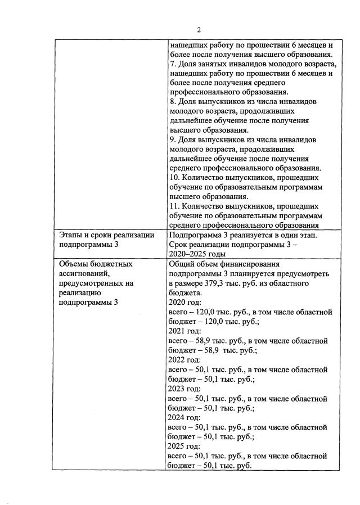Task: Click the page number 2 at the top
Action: pos(198,30)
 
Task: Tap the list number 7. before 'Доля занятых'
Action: pos(172,64)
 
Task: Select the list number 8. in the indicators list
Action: pos(172,102)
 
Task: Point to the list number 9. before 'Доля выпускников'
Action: pos(172,139)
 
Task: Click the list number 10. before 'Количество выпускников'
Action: pos(174,178)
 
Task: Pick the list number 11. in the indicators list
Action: pos(174,206)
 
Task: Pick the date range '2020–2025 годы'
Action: pos(199,254)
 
